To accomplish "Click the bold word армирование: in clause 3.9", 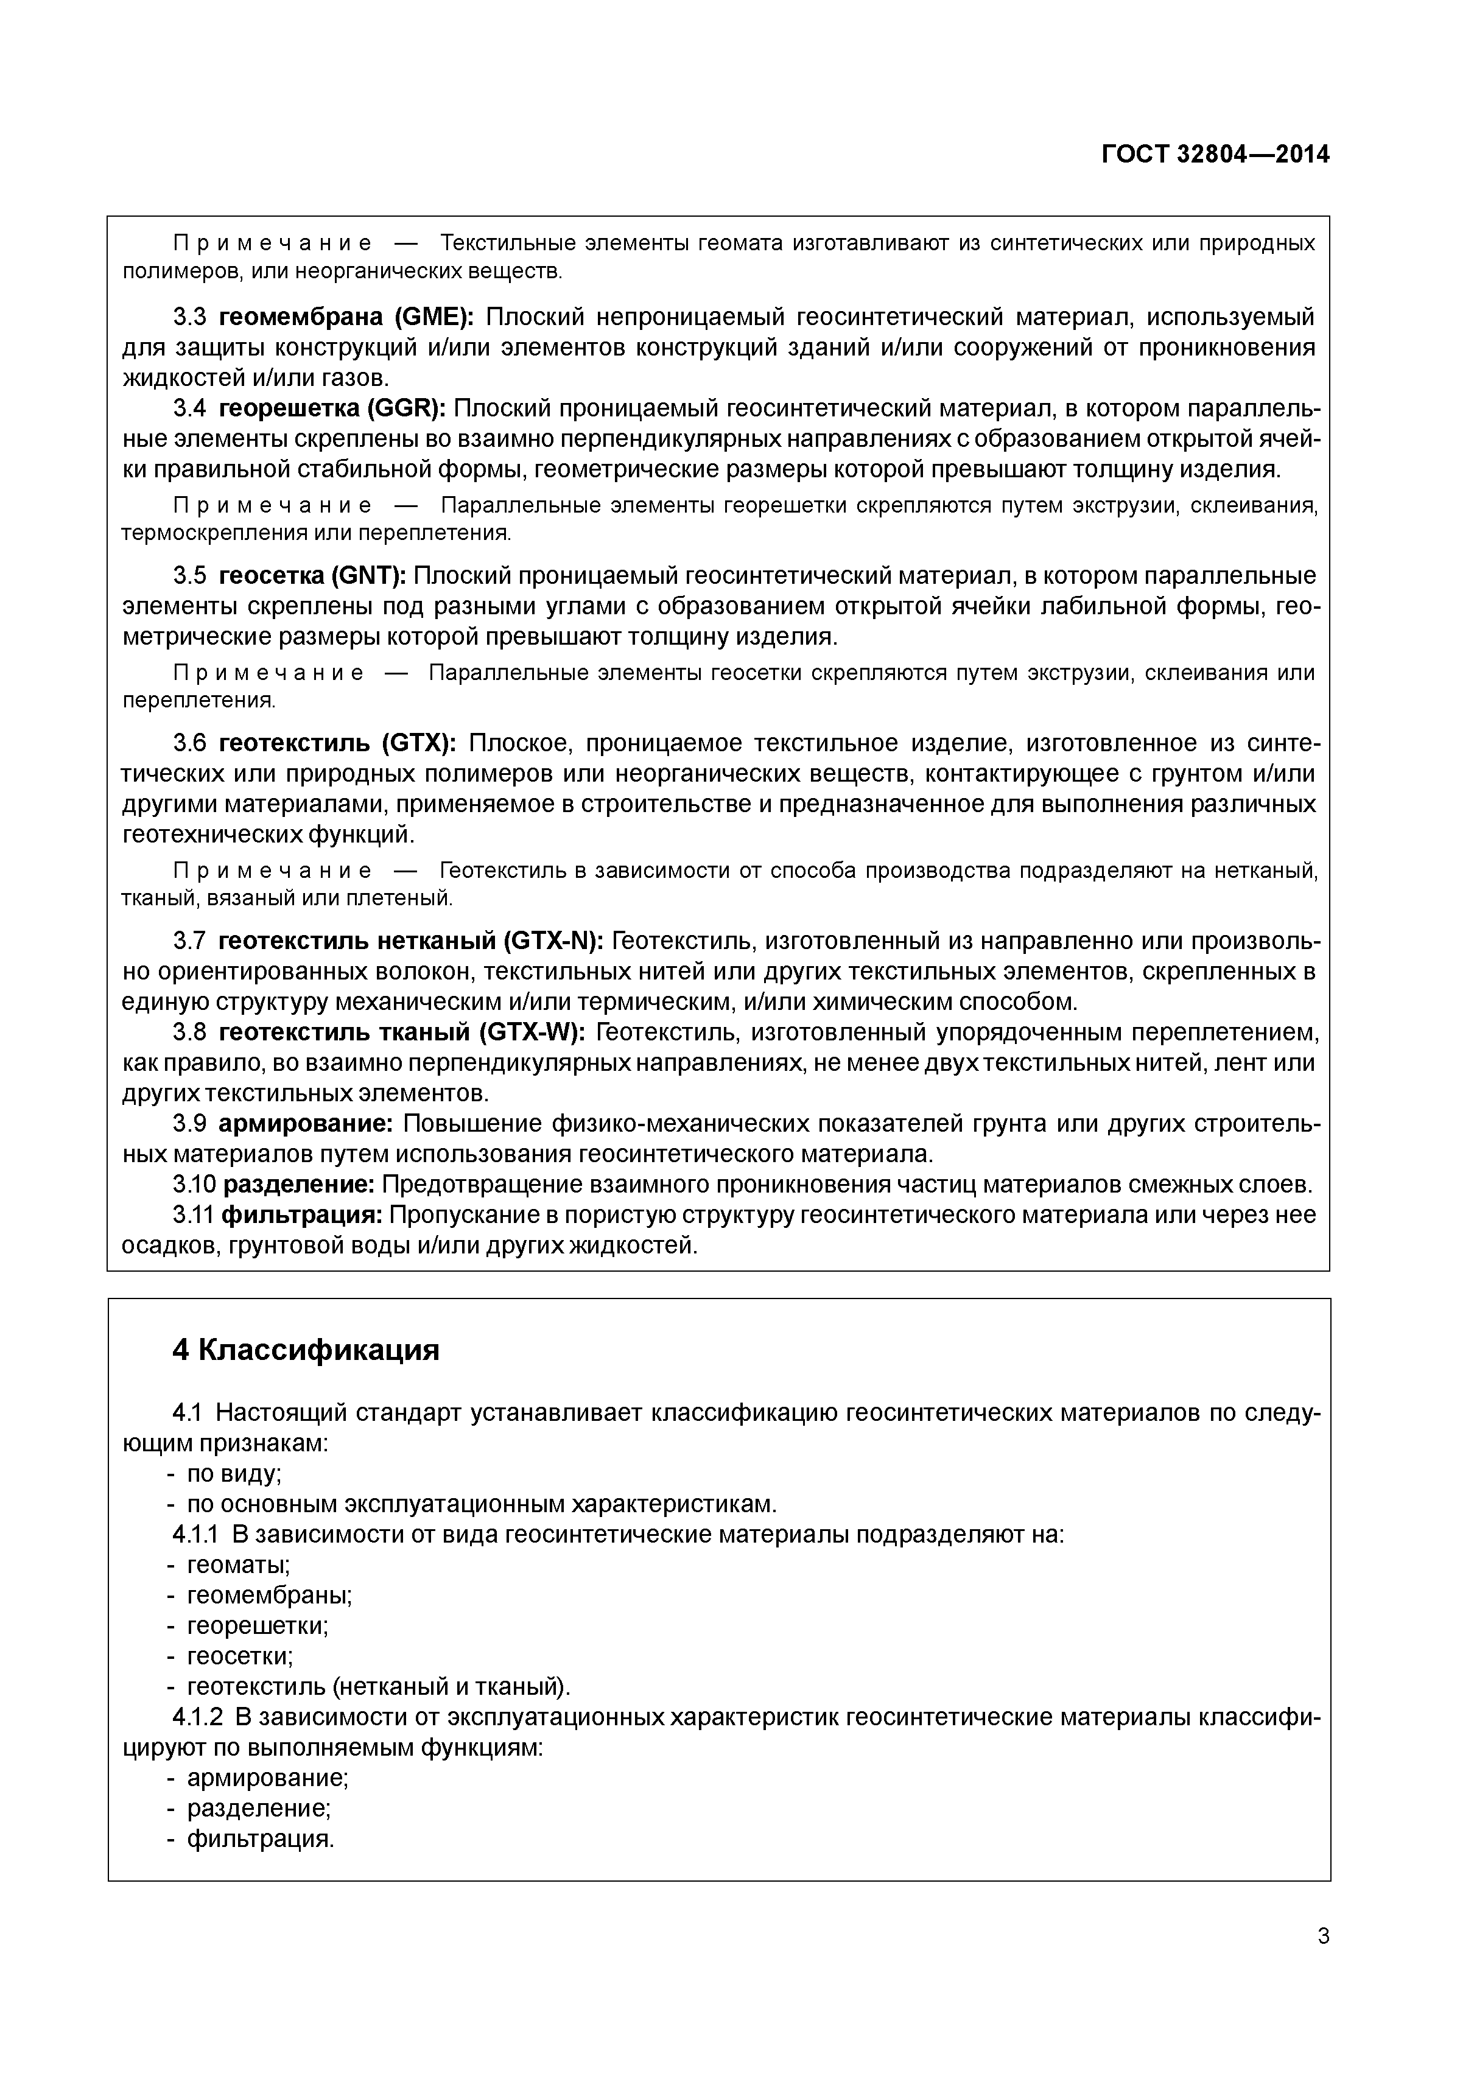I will click(x=305, y=1124).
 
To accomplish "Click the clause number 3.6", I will click(x=190, y=744).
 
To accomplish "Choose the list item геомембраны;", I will click(x=269, y=1596).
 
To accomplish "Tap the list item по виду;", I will click(x=233, y=1474).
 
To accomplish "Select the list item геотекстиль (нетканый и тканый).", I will click(x=379, y=1687).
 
